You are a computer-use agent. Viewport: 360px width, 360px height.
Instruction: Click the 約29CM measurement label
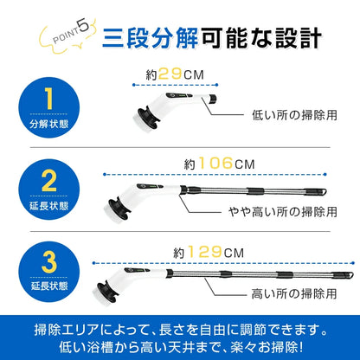click(180, 75)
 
